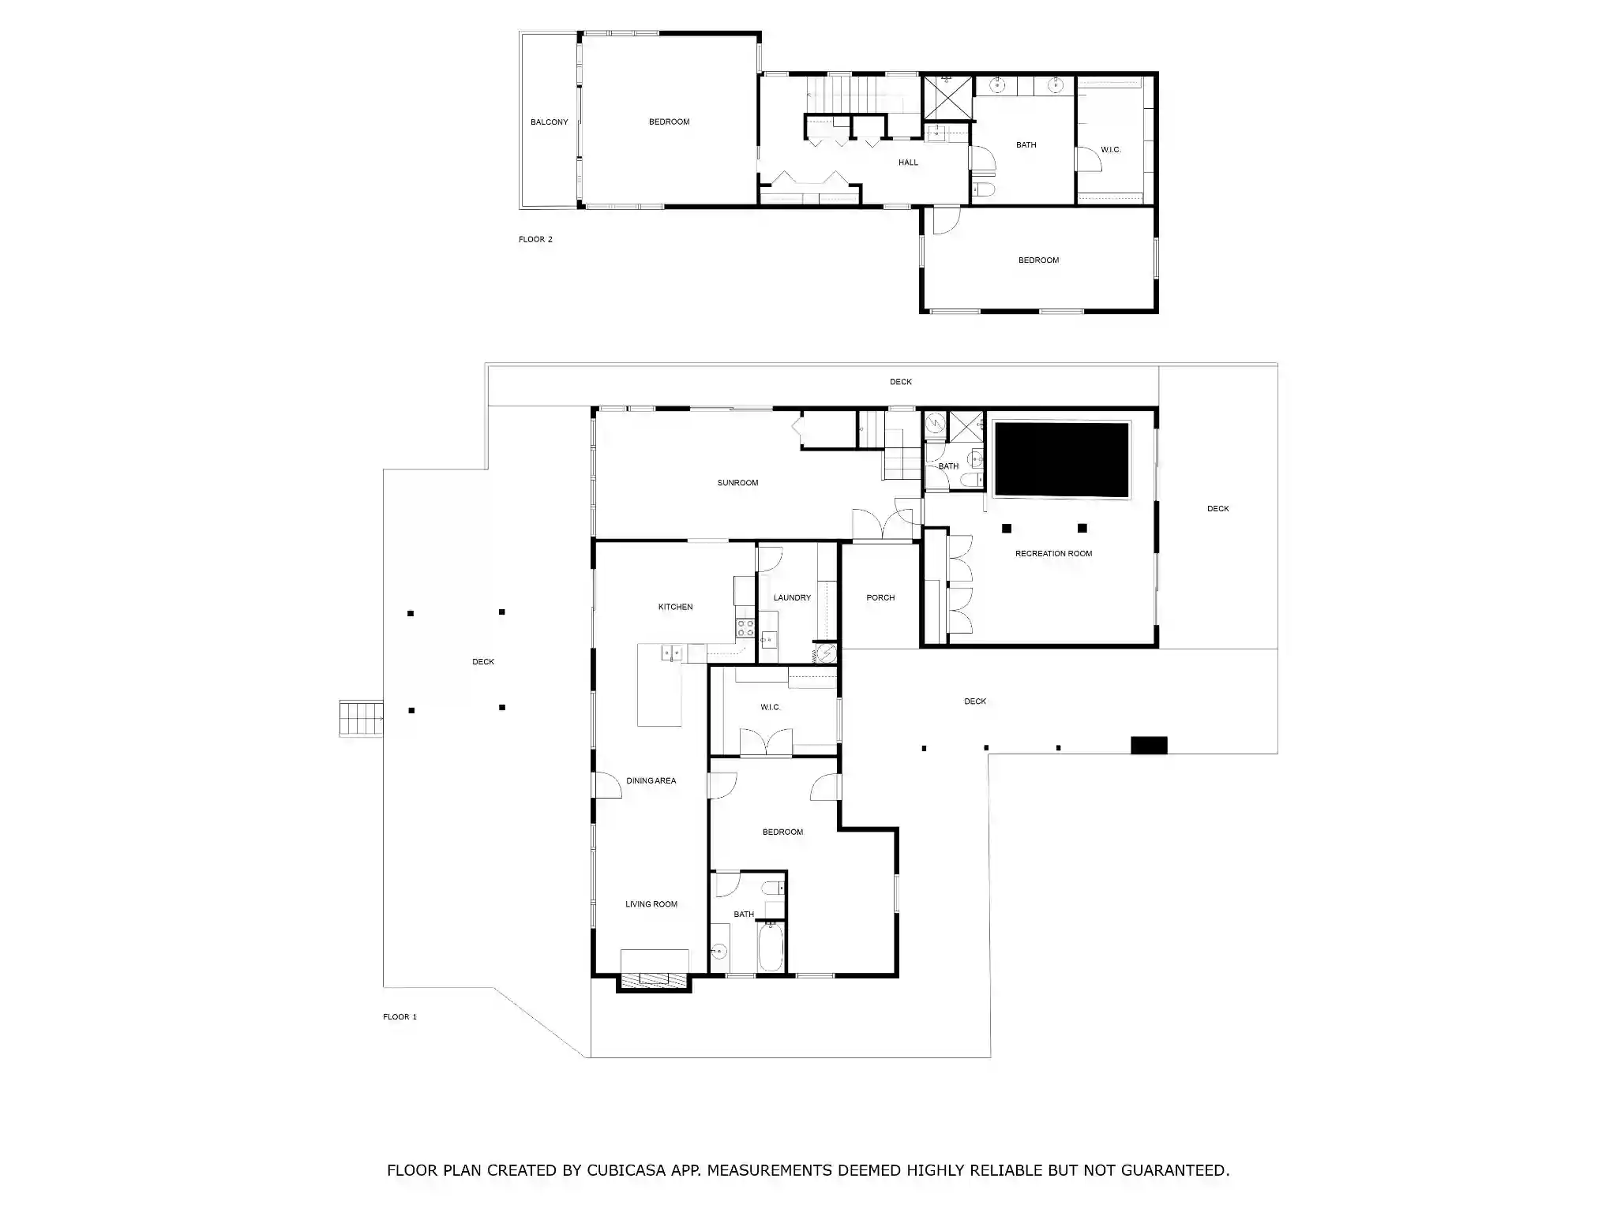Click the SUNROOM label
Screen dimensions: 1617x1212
click(737, 483)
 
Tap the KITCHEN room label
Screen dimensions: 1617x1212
click(676, 607)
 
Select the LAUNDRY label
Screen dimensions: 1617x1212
click(792, 598)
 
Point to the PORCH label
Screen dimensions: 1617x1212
click(880, 598)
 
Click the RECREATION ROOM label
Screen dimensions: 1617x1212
click(1053, 554)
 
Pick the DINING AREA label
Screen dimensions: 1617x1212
click(651, 781)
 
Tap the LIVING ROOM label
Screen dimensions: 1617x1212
click(651, 904)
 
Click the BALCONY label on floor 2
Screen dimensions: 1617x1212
click(549, 122)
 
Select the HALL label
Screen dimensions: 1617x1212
click(908, 163)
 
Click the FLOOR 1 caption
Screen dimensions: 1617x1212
click(400, 1017)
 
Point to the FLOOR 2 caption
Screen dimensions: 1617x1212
click(535, 240)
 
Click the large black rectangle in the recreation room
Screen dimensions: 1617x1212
click(1061, 460)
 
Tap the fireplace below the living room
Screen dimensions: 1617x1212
click(655, 980)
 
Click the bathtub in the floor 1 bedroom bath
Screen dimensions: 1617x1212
click(771, 948)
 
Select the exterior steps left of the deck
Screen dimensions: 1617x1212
click(362, 719)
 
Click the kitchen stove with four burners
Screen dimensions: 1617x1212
click(745, 628)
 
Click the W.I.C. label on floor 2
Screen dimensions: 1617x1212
click(1111, 150)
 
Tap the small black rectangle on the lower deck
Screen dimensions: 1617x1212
click(1149, 745)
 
